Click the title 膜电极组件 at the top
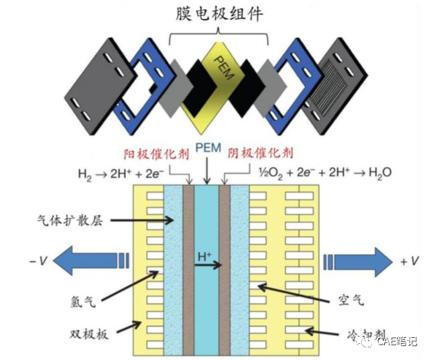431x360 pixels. pyautogui.click(x=216, y=14)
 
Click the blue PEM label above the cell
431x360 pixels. pyautogui.click(x=207, y=147)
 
